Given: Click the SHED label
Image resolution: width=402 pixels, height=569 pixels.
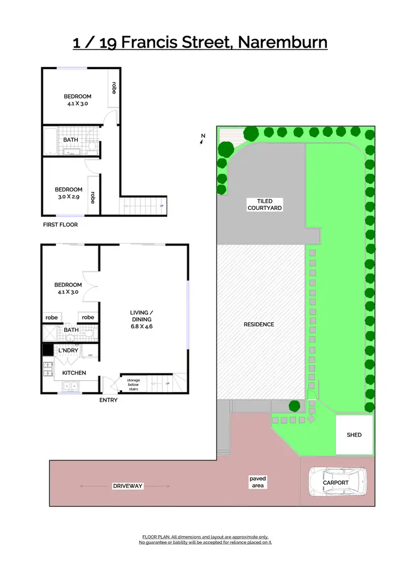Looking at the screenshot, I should point(354,434).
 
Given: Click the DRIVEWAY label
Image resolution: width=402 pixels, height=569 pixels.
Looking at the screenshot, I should point(128,486).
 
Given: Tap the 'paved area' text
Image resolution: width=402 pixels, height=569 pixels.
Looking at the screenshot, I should point(257,482).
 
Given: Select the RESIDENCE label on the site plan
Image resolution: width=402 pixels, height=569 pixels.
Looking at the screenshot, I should point(259,324).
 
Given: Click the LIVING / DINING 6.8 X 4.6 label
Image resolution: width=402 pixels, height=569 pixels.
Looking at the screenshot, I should point(142,319).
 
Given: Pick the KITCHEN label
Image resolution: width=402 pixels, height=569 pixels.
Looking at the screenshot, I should point(74,373).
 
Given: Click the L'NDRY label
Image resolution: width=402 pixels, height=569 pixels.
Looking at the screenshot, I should point(69,350).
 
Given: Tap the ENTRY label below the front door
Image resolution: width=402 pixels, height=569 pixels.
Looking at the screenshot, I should point(108,400).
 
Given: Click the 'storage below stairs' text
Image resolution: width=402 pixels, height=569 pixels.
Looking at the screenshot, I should point(133,384).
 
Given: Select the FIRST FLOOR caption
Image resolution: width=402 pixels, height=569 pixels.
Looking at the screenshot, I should point(60,225).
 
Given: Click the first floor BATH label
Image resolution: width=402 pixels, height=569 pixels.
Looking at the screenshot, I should point(71,139).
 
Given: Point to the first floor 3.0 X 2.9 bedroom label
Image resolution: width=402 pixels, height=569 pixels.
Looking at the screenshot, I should point(69,193).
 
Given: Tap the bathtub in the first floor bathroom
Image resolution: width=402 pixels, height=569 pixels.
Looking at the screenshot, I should point(49,141).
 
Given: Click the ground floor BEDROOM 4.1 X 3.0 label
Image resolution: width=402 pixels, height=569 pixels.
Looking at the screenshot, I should point(68,289).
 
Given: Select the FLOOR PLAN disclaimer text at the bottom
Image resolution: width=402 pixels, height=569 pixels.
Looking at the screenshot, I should point(205,540).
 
